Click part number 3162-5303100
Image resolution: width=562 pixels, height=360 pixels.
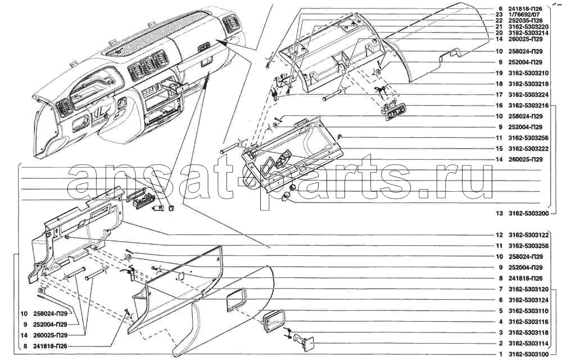(528, 354)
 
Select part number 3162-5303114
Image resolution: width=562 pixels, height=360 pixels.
(528, 343)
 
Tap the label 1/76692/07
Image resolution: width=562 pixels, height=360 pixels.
(524, 14)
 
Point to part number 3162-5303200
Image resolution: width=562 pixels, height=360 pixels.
(528, 214)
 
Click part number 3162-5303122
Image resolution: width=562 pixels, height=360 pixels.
(528, 235)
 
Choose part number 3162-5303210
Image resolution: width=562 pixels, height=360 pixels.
(528, 73)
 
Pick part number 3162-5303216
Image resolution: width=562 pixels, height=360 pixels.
(528, 105)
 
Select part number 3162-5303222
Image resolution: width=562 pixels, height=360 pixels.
(528, 148)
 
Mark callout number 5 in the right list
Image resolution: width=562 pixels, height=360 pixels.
(501, 311)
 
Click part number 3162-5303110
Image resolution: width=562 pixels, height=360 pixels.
(528, 311)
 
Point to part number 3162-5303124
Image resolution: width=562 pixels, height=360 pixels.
(528, 300)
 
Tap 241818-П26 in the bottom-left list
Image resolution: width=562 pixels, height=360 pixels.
(51, 346)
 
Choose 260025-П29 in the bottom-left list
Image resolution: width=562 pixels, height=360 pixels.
(51, 335)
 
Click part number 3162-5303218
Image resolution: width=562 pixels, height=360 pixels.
(528, 84)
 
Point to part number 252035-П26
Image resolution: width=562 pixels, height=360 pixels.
(525, 20)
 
